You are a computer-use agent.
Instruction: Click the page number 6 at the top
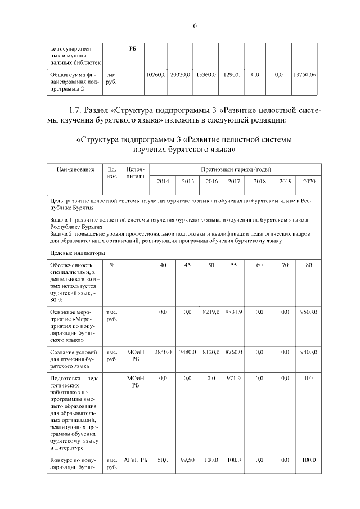pyautogui.click(x=195, y=25)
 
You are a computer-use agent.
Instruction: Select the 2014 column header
pyautogui.click(x=163, y=182)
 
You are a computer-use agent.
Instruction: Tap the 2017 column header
pyautogui.click(x=232, y=182)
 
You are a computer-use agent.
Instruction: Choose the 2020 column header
pyautogui.click(x=309, y=182)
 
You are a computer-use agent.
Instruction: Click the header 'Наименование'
pyautogui.click(x=75, y=169)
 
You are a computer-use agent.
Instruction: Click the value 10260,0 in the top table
pyautogui.click(x=155, y=74)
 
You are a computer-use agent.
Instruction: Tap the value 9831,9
pyautogui.click(x=233, y=311)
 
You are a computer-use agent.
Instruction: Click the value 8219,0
pyautogui.click(x=211, y=311)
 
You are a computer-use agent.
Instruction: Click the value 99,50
pyautogui.click(x=187, y=461)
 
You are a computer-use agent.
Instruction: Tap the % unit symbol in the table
pyautogui.click(x=112, y=265)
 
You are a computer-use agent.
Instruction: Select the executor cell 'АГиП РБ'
pyautogui.click(x=136, y=461)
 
